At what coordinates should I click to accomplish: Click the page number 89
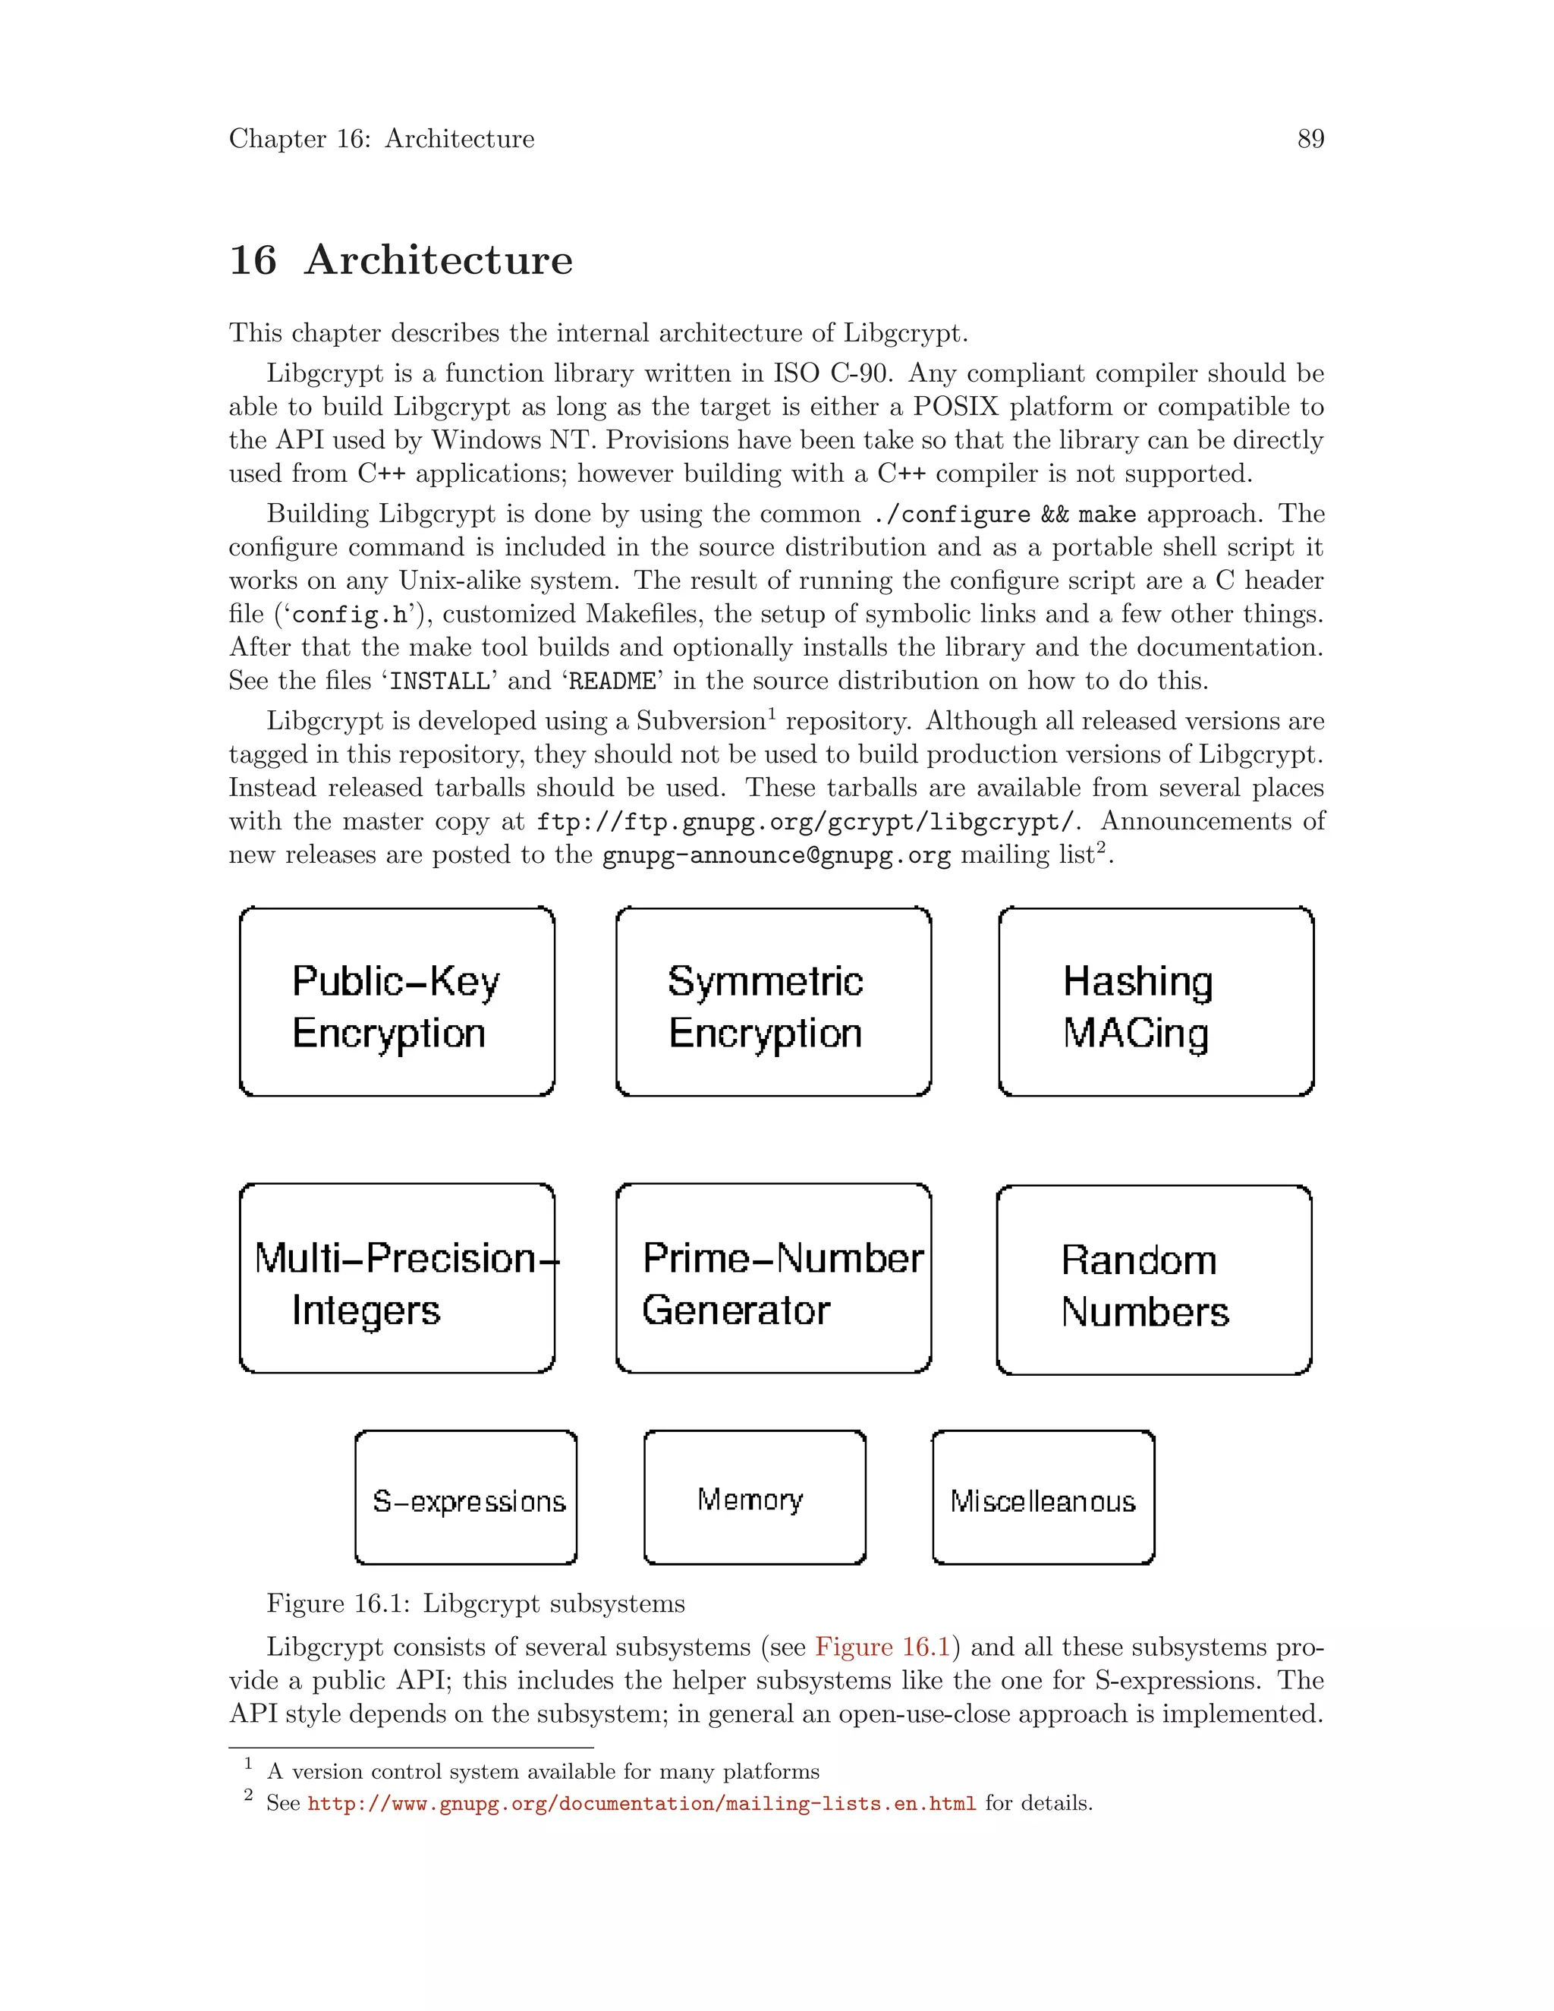pos(1310,139)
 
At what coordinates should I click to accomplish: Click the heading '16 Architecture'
pos(401,260)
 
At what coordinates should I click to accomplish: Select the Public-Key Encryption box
pos(397,1002)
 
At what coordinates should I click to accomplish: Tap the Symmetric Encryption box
pos(773,1002)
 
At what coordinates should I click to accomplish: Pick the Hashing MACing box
pos(1156,1002)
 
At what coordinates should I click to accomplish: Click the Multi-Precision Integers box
pos(397,1279)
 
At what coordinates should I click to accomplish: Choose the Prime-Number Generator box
pos(773,1279)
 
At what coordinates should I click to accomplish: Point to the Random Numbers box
pos(1153,1281)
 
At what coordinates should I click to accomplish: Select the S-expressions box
pos(466,1498)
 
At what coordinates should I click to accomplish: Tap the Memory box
pos(754,1498)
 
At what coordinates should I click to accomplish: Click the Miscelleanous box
pos(1043,1498)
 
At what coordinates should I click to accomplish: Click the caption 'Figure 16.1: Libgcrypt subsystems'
pos(475,1604)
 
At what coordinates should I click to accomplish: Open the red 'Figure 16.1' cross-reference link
pos(881,1648)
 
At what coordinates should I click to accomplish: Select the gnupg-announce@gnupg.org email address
pos(776,855)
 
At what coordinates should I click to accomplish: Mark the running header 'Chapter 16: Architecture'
pos(381,139)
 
